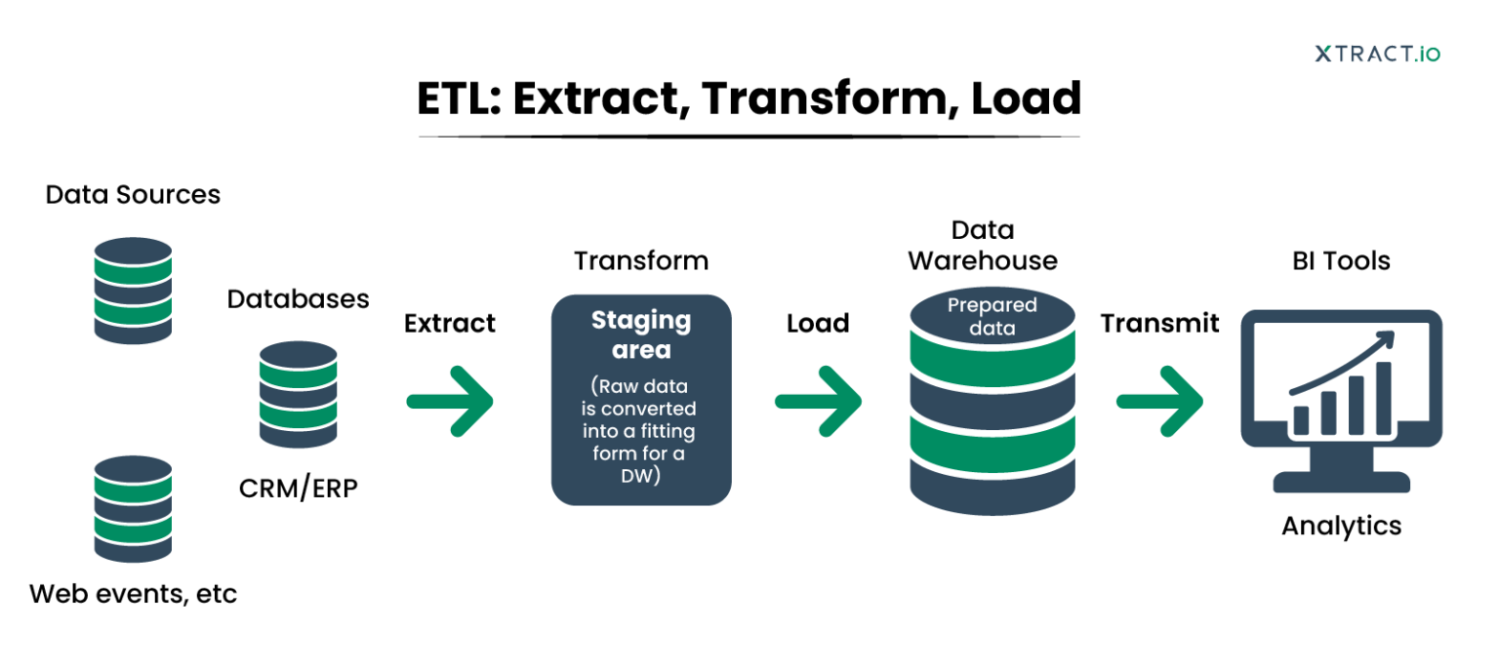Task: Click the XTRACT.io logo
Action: click(x=1376, y=54)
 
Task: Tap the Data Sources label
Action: click(x=133, y=195)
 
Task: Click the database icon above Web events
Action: click(x=133, y=508)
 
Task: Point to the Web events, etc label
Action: click(x=133, y=593)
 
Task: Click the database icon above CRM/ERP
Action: click(x=298, y=394)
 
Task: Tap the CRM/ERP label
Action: click(x=298, y=488)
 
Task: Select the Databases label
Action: click(x=298, y=299)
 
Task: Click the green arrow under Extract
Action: click(x=451, y=401)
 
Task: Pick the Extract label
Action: click(x=450, y=323)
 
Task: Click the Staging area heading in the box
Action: click(x=641, y=334)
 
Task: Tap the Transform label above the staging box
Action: click(x=641, y=261)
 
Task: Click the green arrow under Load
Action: click(x=819, y=401)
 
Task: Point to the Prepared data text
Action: click(x=993, y=317)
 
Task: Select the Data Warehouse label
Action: click(x=982, y=246)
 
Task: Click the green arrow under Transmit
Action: click(x=1159, y=401)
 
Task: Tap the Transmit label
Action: click(x=1159, y=323)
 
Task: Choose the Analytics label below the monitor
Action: click(x=1341, y=526)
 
